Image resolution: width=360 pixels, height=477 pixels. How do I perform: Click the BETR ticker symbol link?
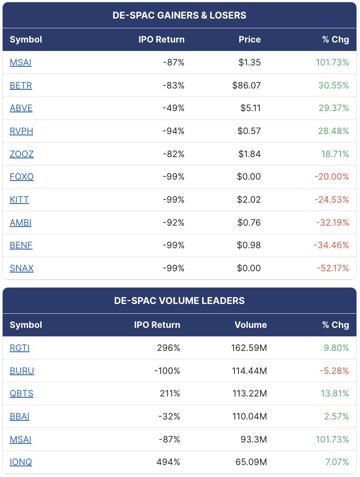21,85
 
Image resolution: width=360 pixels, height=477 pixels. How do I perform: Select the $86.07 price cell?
246,85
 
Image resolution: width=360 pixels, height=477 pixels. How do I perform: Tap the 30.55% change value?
332,85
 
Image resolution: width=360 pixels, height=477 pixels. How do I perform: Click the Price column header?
249,39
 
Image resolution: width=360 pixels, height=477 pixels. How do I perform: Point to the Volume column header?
251,325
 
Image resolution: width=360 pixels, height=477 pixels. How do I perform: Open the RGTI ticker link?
19,348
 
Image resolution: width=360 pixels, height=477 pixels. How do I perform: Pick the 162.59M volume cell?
249,348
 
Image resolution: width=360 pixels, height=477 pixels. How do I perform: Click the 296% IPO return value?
169,348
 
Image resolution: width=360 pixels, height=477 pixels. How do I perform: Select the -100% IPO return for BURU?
167,371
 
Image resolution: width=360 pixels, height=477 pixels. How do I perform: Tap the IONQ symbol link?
21,462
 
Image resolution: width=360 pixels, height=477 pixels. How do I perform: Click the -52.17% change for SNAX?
332,268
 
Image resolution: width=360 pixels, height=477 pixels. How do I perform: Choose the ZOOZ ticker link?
22,154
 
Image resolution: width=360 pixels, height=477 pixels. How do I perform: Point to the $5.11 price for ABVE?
249,108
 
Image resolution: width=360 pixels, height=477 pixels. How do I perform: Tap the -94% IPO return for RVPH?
173,131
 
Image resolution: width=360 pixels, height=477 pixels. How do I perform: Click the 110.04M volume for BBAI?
249,416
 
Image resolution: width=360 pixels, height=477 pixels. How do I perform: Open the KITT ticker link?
19,200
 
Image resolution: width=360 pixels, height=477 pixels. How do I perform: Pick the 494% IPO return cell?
169,462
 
